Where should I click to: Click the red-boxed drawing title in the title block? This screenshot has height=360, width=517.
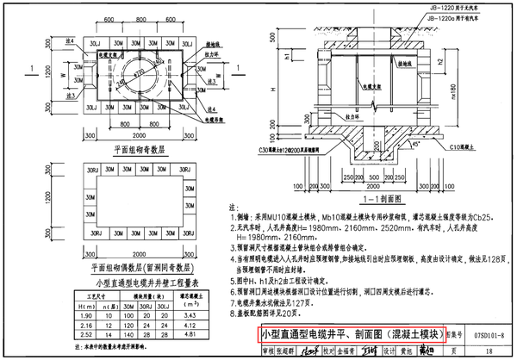click(x=353, y=334)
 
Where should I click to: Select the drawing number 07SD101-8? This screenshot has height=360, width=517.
click(x=489, y=334)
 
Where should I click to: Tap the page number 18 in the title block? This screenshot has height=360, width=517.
click(x=488, y=351)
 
